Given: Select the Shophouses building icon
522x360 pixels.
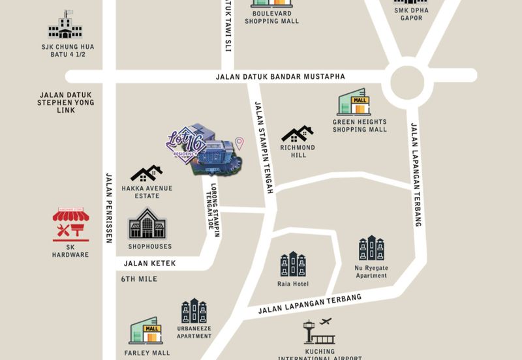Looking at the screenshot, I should (148, 224).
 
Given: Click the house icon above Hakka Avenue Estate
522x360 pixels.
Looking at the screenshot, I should (146, 173).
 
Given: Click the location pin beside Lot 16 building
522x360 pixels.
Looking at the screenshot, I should (239, 143).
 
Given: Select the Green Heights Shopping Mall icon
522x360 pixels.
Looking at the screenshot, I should (354, 104).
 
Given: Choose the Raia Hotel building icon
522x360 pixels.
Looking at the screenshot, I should (292, 263).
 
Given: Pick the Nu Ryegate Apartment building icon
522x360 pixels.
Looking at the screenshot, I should (371, 248).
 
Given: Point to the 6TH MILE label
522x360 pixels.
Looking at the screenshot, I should (139, 279).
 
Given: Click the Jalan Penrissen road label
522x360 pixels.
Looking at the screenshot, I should (109, 207).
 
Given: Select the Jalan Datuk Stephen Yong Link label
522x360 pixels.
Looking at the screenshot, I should (66, 102).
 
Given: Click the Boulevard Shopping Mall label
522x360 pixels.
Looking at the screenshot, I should (271, 16).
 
